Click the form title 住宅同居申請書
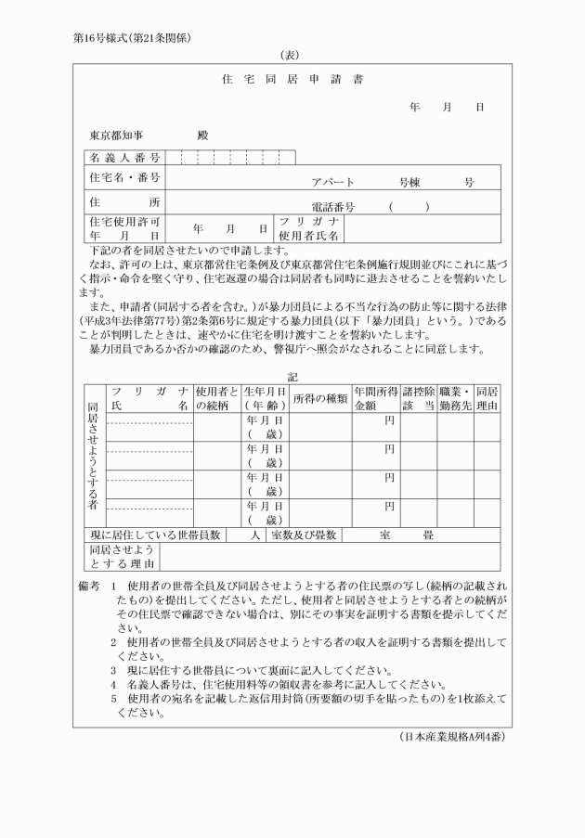click(x=292, y=79)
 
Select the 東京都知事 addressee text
click(x=116, y=135)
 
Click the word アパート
click(x=333, y=183)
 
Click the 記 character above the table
click(x=292, y=377)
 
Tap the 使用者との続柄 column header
click(x=216, y=399)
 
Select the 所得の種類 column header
click(x=319, y=399)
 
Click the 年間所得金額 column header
click(x=375, y=399)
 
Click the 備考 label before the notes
click(x=86, y=588)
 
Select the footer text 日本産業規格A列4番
click(x=450, y=737)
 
